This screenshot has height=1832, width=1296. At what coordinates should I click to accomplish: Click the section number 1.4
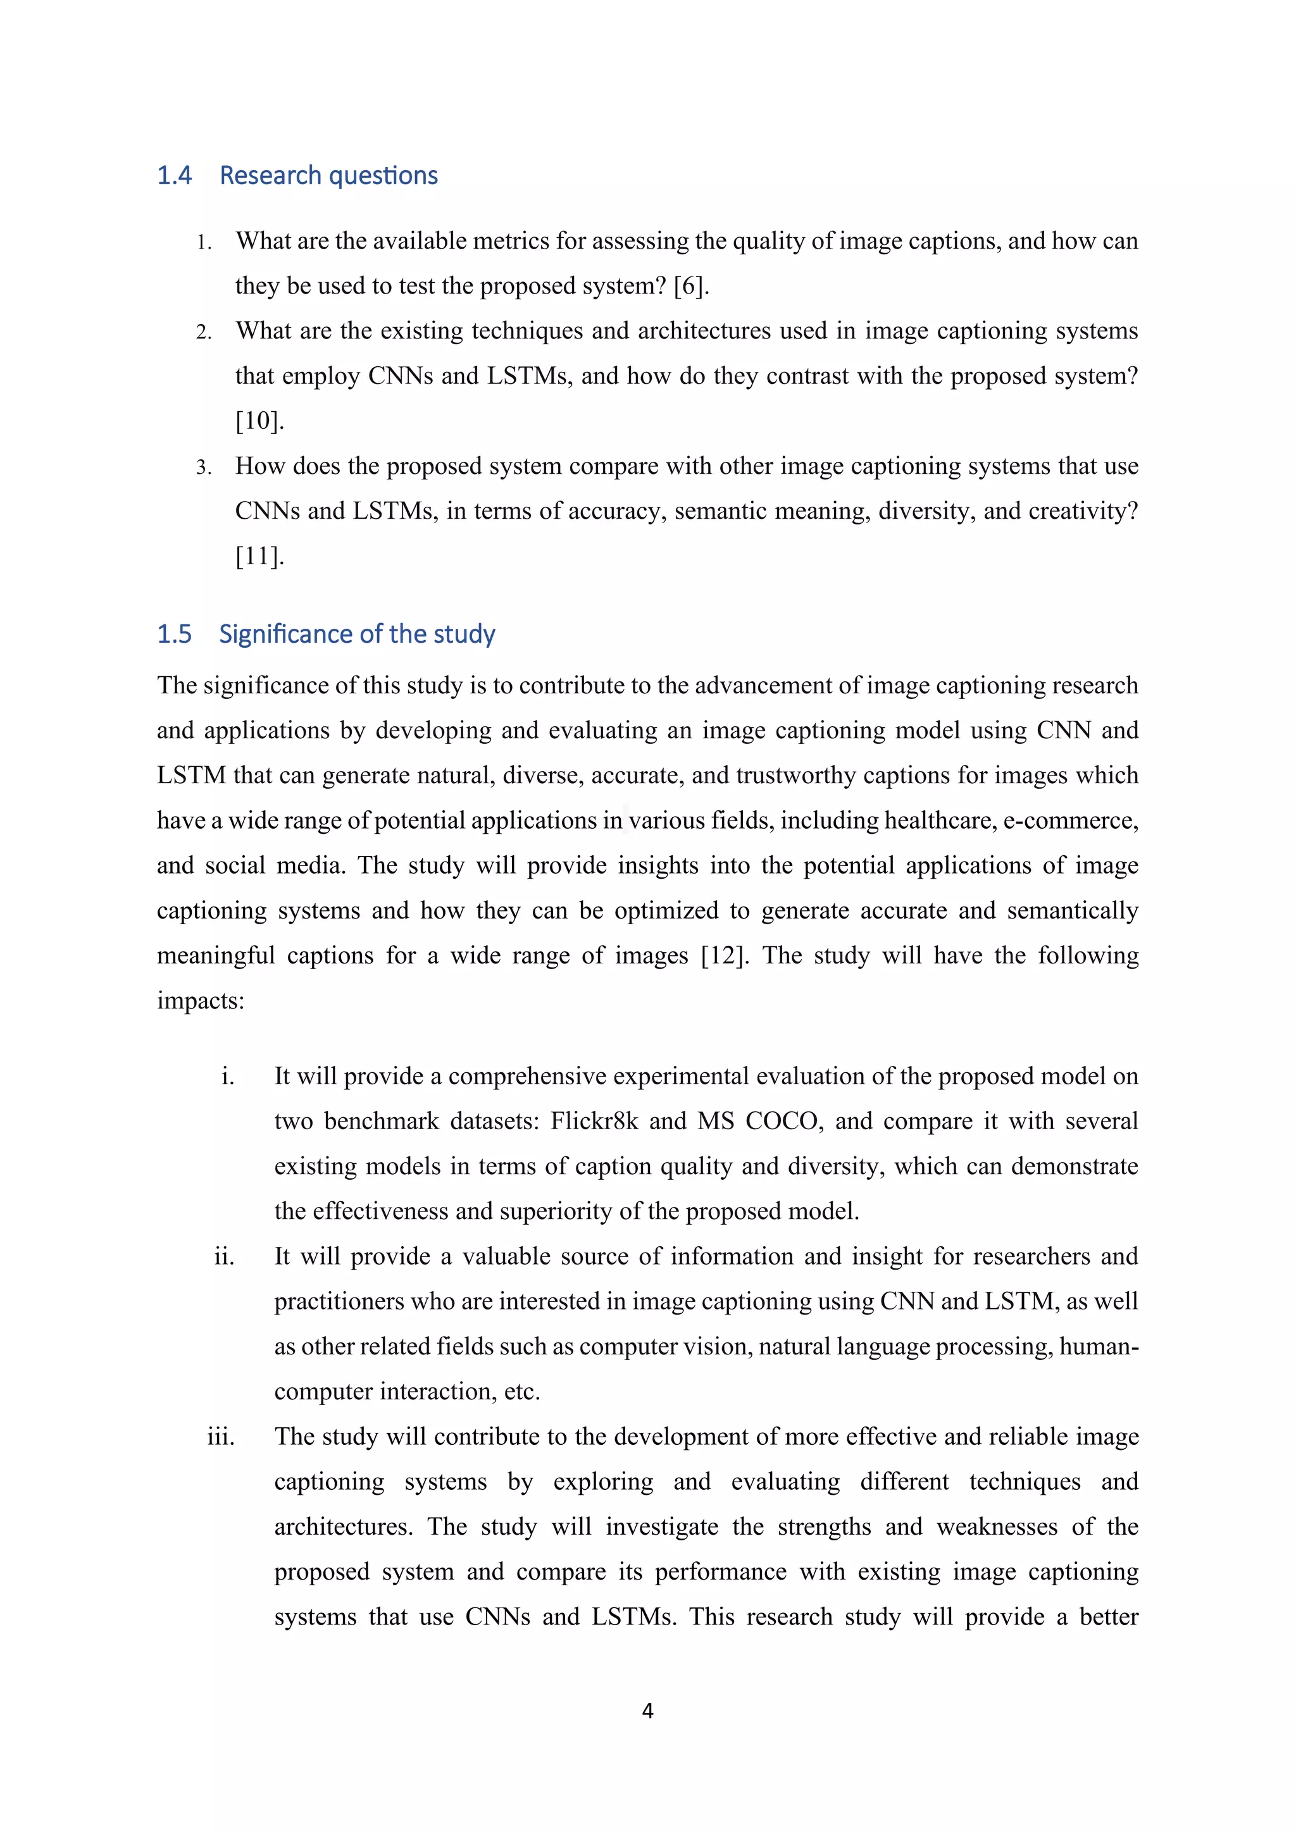tap(174, 175)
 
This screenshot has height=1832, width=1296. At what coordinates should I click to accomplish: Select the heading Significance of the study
tap(357, 634)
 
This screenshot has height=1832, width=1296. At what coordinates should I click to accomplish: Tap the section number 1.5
tap(174, 634)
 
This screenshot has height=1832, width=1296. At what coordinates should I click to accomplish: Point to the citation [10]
tap(259, 421)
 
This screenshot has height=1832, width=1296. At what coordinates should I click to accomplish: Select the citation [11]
tap(259, 556)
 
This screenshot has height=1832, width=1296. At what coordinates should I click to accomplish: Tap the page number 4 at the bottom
tap(647, 1711)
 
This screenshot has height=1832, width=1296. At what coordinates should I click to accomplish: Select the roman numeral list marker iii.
tap(221, 1437)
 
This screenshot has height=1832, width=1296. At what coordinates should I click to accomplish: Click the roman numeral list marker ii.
tap(224, 1257)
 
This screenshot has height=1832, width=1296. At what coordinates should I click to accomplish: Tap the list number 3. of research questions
tap(204, 467)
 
